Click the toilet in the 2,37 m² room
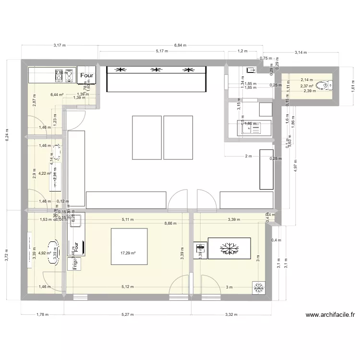[x=327, y=85]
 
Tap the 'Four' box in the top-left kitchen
[x=87, y=75]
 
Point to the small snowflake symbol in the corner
[x=258, y=287]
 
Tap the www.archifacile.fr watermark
[x=330, y=315]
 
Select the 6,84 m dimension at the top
[x=180, y=46]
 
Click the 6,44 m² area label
[x=57, y=95]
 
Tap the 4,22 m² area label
[x=45, y=174]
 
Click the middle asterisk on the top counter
[x=155, y=71]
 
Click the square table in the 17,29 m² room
[x=129, y=246]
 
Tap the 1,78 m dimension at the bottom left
[x=43, y=315]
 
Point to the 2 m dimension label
[x=248, y=156]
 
